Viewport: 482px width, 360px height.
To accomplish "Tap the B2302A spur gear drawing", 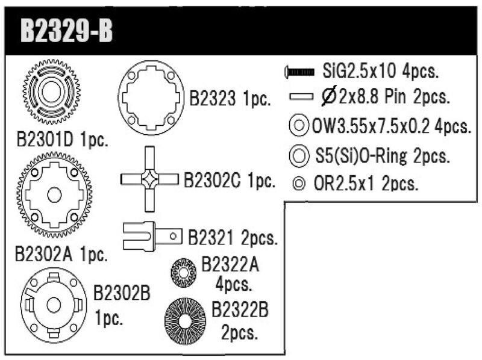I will tap(54, 194).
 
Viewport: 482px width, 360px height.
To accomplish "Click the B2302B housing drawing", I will tap(53, 305).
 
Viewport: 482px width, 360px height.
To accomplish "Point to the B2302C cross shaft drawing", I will tap(150, 178).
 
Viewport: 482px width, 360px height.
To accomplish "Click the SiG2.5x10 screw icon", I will tap(299, 72).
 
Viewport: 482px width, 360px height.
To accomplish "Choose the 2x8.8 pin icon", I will tap(302, 96).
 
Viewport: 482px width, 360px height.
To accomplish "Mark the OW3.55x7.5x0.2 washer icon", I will tap(299, 127).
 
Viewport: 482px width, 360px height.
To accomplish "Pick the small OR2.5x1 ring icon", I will tap(299, 183).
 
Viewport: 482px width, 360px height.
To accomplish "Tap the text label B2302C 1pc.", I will tap(229, 180).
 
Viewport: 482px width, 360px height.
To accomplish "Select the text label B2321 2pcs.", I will tap(232, 237).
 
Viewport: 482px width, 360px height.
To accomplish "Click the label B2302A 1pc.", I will tap(61, 253).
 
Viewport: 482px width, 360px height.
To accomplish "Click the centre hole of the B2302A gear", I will tap(54, 194).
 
